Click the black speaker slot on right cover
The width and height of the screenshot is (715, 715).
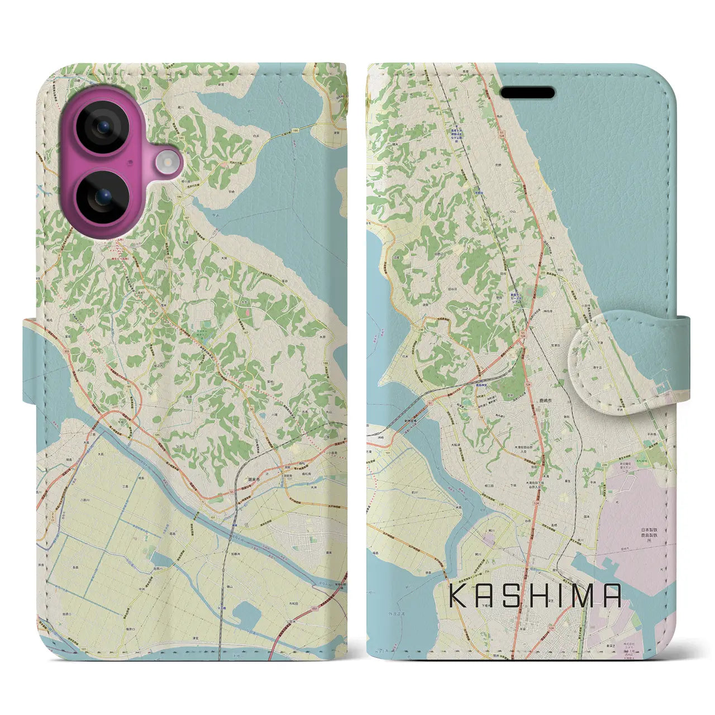coord(527,92)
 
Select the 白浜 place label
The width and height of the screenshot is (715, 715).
coord(256,136)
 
